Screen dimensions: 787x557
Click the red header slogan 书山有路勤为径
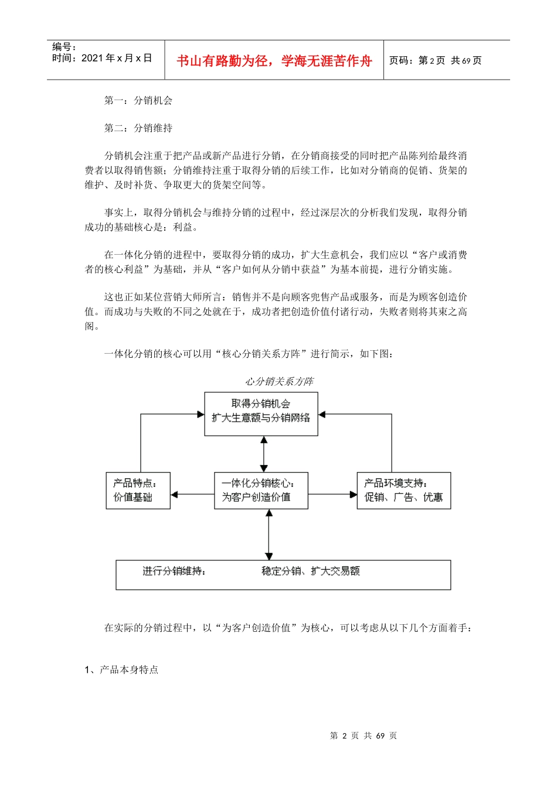pyautogui.click(x=274, y=61)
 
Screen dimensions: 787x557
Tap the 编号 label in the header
pyautogui.click(x=64, y=47)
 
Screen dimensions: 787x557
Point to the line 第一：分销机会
pyautogui.click(x=138, y=100)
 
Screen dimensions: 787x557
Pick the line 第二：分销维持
pyautogui.click(x=138, y=128)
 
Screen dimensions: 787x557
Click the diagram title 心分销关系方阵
pyautogui.click(x=279, y=381)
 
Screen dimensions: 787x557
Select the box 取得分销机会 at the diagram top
pyautogui.click(x=261, y=413)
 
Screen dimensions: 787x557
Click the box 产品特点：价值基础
pyautogui.click(x=138, y=490)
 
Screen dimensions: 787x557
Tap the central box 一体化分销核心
pyautogui.click(x=261, y=490)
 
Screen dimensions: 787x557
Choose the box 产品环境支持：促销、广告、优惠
pyautogui.click(x=403, y=490)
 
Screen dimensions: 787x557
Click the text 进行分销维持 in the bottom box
pyautogui.click(x=174, y=571)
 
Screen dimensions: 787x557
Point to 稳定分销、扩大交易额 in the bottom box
pyautogui.click(x=311, y=571)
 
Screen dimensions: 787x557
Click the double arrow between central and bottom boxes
pyautogui.click(x=269, y=534)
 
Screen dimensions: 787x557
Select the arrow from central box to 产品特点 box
pyautogui.click(x=192, y=494)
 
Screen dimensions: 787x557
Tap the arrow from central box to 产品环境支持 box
pyautogui.click(x=332, y=494)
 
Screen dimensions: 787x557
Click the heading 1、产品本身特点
pyautogui.click(x=121, y=669)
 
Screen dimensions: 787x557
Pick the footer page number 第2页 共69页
pyautogui.click(x=364, y=735)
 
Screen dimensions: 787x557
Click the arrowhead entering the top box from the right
pyautogui.click(x=322, y=414)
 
